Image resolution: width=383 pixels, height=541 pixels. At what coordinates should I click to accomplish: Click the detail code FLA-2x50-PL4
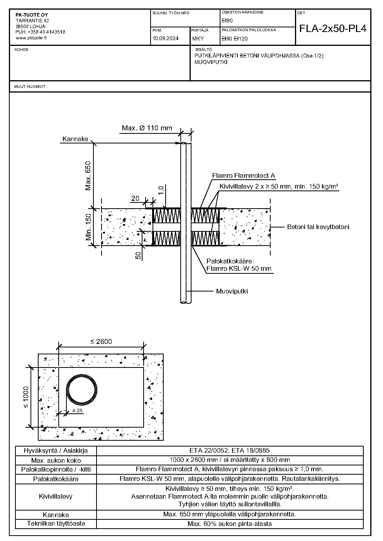tap(333, 29)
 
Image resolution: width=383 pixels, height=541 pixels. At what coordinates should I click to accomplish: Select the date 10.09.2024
tap(165, 39)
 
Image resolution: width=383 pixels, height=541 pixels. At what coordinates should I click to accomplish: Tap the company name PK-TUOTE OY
tap(32, 15)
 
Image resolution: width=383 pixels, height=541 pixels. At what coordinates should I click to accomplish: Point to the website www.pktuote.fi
tap(31, 38)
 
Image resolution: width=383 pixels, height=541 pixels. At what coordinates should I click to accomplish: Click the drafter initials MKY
tap(198, 39)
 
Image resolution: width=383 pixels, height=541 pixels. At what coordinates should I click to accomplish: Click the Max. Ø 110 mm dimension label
tap(147, 128)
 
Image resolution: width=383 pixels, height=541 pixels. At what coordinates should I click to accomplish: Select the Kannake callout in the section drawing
tap(75, 139)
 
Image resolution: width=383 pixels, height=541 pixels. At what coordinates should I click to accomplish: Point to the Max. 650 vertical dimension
tap(88, 176)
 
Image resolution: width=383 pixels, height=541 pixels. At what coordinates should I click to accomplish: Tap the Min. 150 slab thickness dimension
tap(88, 227)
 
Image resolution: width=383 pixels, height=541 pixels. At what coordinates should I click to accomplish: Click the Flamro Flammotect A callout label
tap(244, 175)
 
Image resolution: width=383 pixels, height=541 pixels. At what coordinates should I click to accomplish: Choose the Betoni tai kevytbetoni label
tap(318, 227)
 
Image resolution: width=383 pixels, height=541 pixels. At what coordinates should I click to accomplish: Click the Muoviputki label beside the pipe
tap(232, 291)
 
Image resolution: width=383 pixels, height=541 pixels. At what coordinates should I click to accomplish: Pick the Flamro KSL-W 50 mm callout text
tap(239, 268)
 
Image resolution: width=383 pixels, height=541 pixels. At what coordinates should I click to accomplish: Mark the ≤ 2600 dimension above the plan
tap(101, 342)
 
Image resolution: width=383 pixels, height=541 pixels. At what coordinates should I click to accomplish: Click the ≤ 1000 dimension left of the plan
tap(26, 397)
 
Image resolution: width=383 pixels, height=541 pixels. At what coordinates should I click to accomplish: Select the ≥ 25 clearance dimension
tap(77, 411)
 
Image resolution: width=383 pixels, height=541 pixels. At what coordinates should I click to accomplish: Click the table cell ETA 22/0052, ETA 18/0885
tap(229, 450)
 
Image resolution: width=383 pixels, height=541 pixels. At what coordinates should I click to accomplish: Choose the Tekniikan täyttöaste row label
tap(56, 523)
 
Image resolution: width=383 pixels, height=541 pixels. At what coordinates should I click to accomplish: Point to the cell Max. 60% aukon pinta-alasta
tap(229, 524)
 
